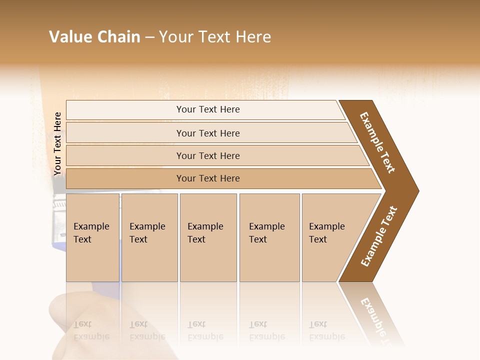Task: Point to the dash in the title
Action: pos(149,37)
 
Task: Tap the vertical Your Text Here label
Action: pos(57,143)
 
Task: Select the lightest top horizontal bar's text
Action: pos(208,109)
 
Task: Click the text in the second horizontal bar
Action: pos(208,133)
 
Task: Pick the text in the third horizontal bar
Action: pos(208,155)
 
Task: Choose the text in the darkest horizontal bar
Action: pos(208,178)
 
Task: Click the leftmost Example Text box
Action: pos(92,237)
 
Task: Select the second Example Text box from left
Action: pos(149,237)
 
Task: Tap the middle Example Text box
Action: pos(208,237)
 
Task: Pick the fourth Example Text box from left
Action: pos(269,237)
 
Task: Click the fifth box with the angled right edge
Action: pos(330,237)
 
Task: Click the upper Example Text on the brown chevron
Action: pos(377,142)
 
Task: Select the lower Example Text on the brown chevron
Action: pos(379,236)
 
